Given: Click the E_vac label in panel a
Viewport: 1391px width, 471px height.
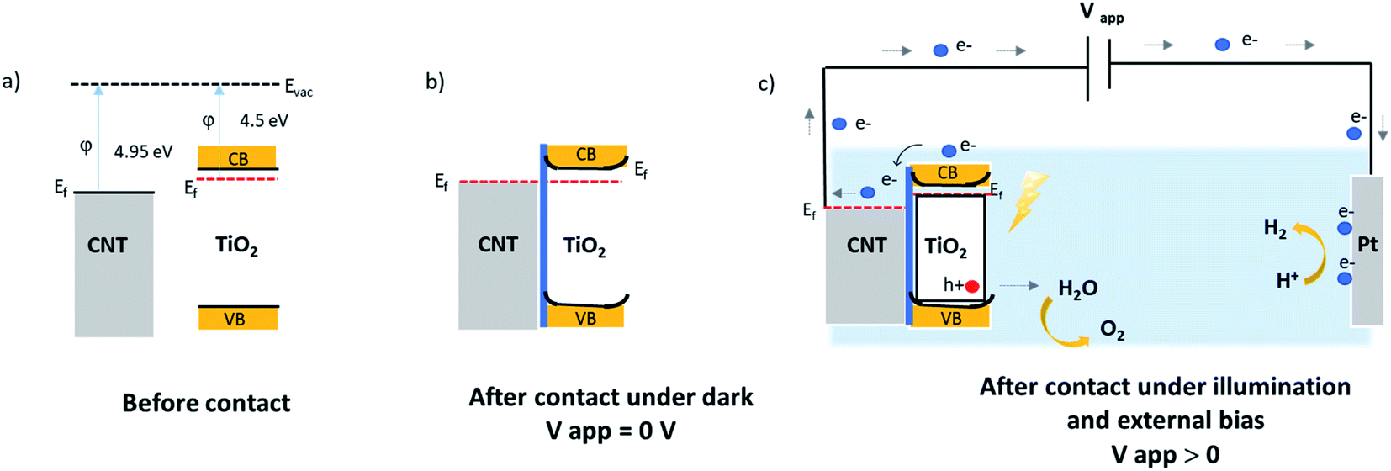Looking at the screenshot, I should point(299,87).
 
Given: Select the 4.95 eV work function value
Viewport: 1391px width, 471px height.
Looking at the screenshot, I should point(143,151).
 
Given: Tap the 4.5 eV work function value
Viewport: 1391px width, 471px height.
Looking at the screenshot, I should point(263,120).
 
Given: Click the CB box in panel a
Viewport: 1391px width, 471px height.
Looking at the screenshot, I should point(237,157).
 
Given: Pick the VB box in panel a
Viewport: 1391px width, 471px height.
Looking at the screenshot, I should point(237,319).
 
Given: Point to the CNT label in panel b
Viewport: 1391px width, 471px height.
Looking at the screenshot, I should point(498,245).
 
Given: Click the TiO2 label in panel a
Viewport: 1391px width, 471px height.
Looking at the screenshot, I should point(236,246).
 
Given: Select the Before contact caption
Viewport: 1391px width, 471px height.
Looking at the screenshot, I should point(206,403).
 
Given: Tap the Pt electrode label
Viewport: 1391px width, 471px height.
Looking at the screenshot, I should point(1367,245).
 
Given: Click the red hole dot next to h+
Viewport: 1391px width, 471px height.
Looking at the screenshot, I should point(972,286).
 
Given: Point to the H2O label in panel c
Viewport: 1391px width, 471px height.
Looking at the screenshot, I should point(1077,288).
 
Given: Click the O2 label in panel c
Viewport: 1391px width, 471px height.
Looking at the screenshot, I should point(1112,331).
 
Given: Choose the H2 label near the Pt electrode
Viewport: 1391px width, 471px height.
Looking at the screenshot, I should point(1275,228).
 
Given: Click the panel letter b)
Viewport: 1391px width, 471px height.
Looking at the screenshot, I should point(435,82).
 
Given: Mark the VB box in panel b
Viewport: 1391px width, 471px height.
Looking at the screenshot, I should point(585,318).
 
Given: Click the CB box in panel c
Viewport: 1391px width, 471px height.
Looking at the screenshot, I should point(948,172).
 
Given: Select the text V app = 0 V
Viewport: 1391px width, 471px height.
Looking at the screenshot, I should point(611,431).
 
